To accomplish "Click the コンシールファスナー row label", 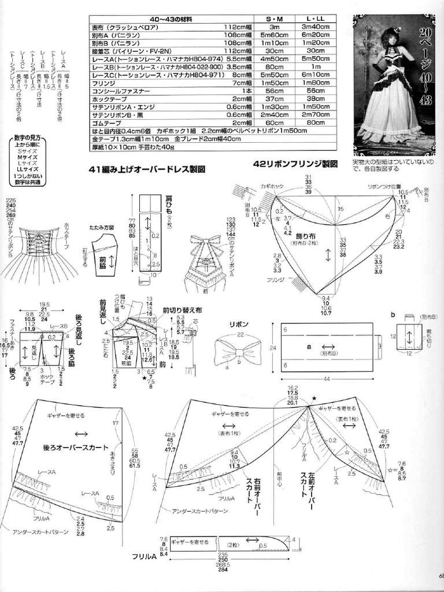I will (115, 91).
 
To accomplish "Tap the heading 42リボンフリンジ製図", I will (295, 164).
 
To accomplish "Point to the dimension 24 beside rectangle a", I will (275, 347).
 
